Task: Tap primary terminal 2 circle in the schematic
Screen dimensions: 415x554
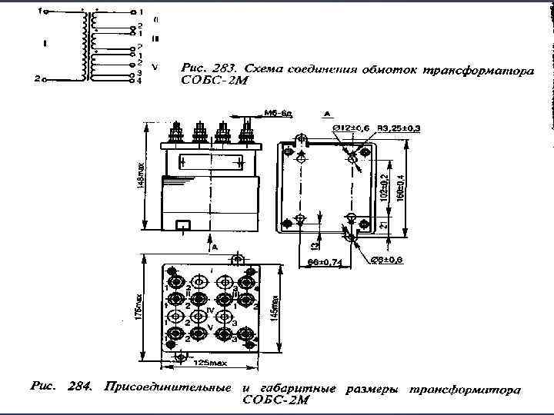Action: pos(45,78)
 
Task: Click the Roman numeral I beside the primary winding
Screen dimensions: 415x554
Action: pos(46,44)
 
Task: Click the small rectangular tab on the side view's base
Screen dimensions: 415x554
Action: pos(183,226)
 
